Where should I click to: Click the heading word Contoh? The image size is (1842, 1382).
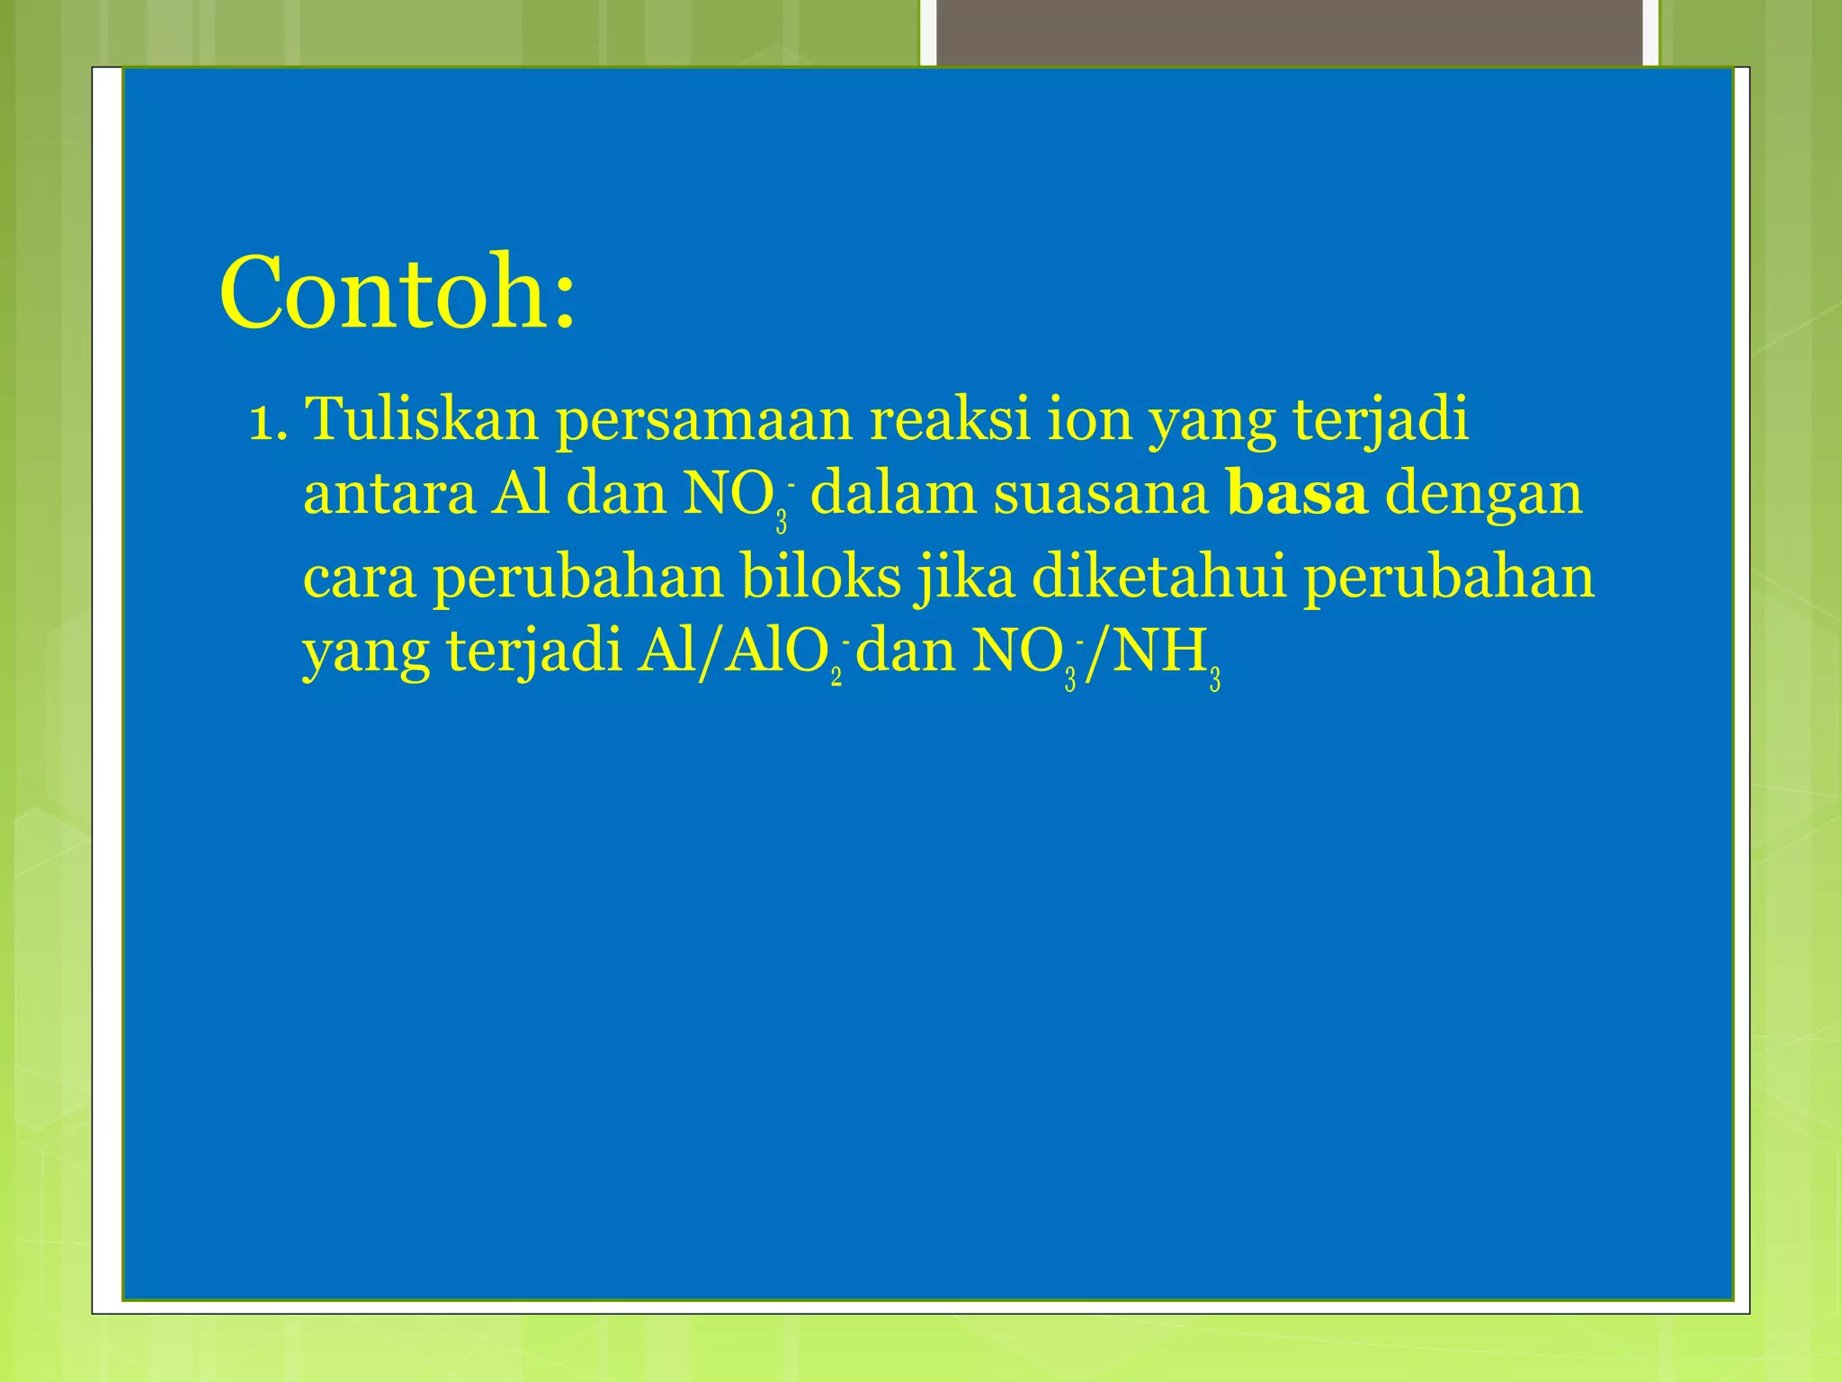(x=397, y=293)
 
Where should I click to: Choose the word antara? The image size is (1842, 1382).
(x=389, y=495)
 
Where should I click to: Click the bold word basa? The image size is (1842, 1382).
(x=1297, y=495)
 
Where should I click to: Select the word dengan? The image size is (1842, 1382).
(x=1483, y=497)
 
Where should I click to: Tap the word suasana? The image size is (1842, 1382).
(x=1101, y=495)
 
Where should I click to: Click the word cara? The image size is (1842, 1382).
(x=360, y=578)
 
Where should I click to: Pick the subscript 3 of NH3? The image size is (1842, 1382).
(x=1214, y=679)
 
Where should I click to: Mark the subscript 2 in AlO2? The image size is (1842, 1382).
(x=836, y=675)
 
